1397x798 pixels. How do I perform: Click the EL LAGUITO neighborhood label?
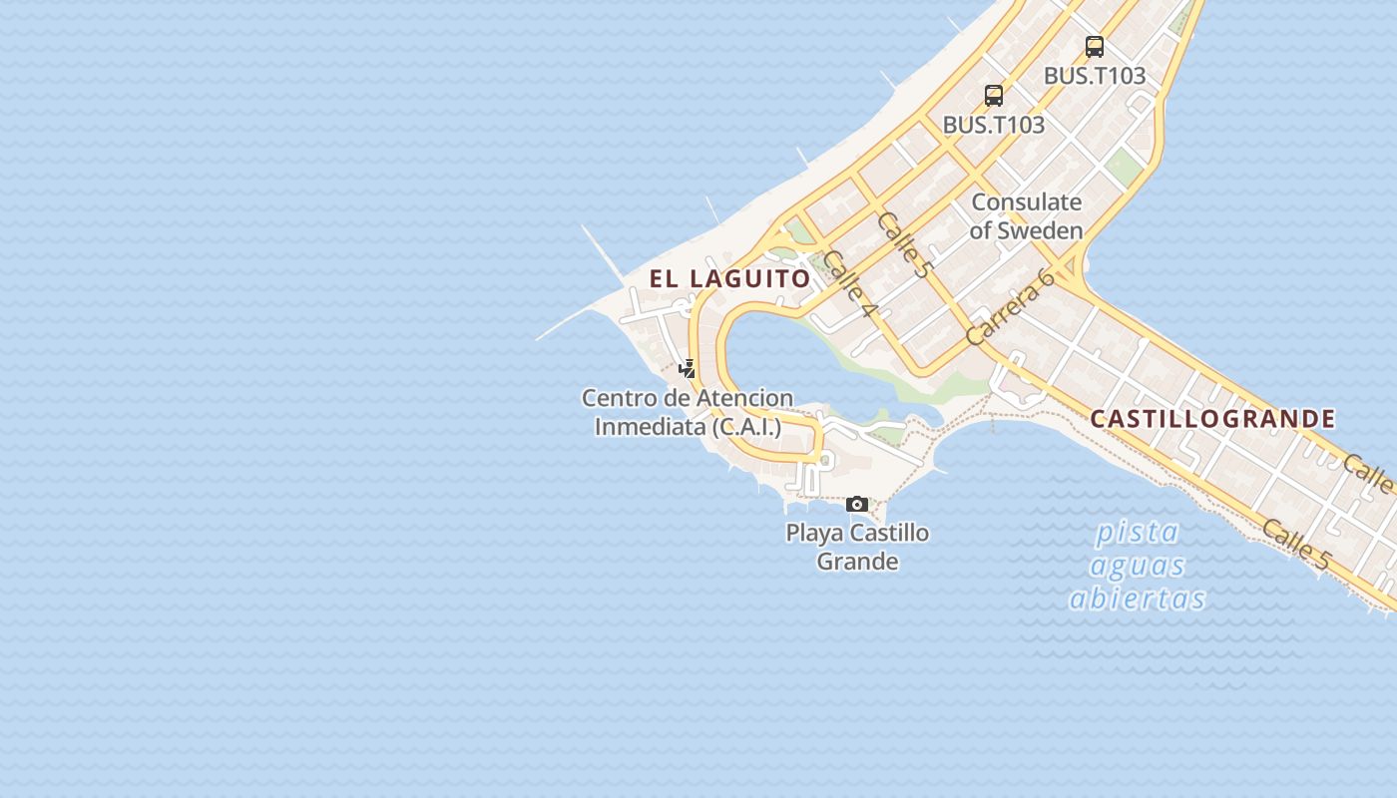click(x=730, y=278)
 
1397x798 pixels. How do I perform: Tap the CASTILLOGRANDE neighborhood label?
click(x=1212, y=419)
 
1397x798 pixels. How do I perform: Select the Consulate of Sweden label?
click(x=1026, y=215)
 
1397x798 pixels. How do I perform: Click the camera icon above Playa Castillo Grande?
click(x=857, y=505)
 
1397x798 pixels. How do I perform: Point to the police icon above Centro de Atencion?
click(x=687, y=369)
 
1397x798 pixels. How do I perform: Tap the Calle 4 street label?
click(x=850, y=283)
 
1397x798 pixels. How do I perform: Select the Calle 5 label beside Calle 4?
click(x=904, y=242)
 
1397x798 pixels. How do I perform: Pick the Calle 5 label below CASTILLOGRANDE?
click(x=1295, y=545)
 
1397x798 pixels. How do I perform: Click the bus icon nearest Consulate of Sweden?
click(x=994, y=96)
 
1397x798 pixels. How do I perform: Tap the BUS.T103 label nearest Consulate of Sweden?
click(x=994, y=125)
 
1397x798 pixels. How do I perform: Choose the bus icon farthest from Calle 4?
click(x=1095, y=46)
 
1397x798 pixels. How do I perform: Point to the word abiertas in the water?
click(x=1138, y=598)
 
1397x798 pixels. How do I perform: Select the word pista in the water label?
click(x=1138, y=532)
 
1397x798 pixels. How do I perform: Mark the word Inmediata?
click(x=650, y=427)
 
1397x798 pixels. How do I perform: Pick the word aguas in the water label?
click(x=1138, y=566)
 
